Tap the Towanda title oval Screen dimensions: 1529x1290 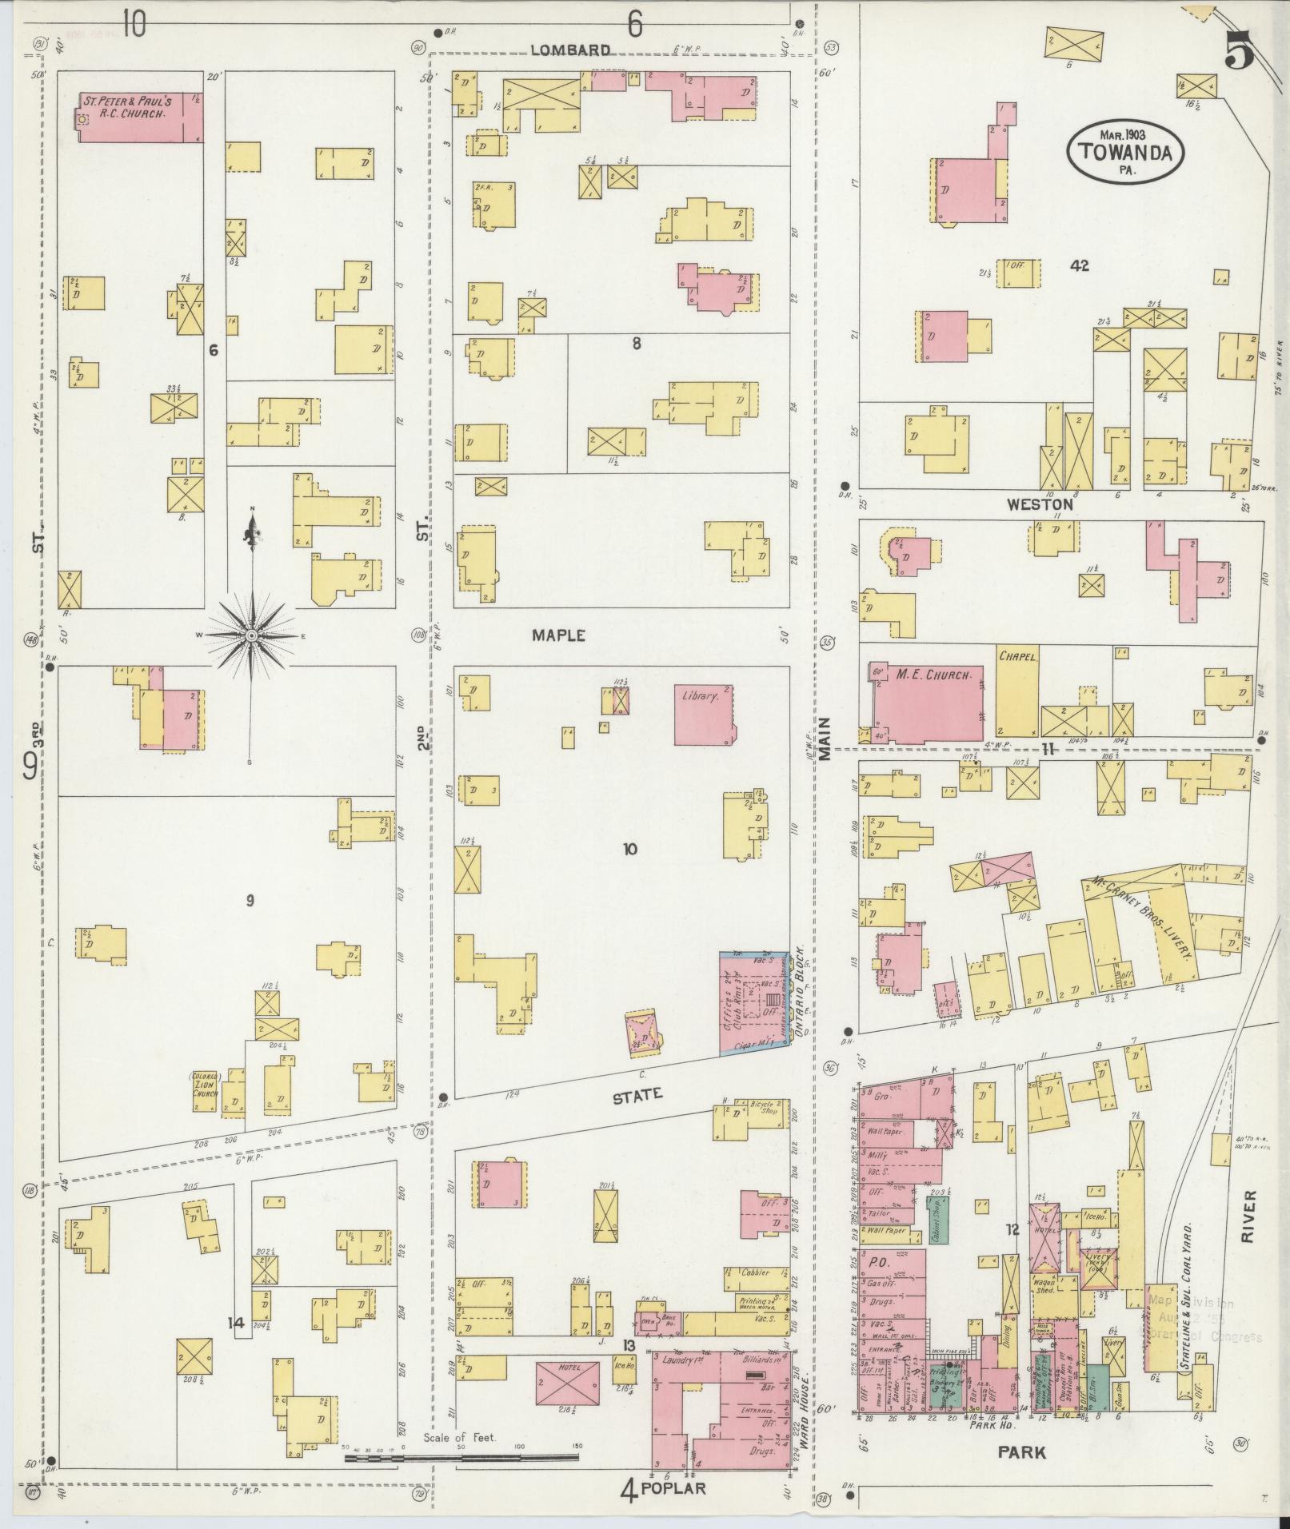pos(1124,152)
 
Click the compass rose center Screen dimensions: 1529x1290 pos(252,635)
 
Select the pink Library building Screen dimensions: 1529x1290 pos(704,713)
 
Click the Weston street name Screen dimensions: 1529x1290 pos(1039,505)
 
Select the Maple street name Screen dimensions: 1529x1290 pos(559,636)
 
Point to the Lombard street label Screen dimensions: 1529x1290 pos(570,50)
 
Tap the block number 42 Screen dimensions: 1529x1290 pos(1080,267)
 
